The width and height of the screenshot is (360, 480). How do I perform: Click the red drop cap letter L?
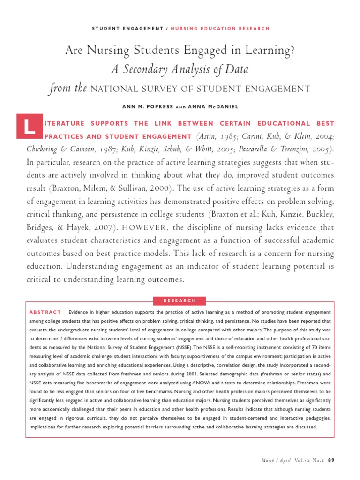(30, 127)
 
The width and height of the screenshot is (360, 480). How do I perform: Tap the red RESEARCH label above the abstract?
(180, 300)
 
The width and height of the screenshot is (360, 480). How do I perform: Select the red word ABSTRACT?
(45, 312)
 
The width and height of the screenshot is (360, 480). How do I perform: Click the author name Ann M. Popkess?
(148, 106)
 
